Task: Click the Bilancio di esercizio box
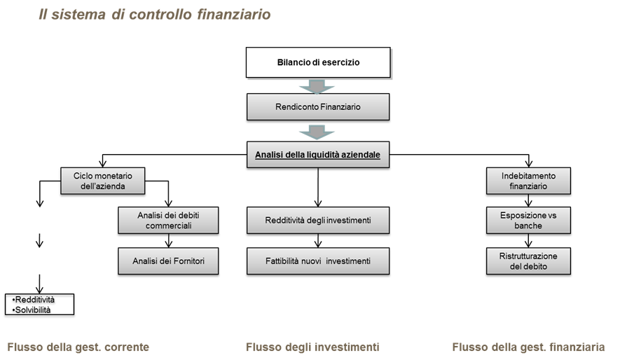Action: pos(317,62)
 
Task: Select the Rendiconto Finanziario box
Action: pos(317,107)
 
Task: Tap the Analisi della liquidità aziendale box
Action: pos(317,155)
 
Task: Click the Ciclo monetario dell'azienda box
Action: pos(103,181)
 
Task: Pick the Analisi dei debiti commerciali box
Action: pos(168,220)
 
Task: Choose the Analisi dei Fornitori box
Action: pos(168,261)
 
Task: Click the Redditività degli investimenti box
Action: pos(317,220)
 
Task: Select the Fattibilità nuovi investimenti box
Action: pos(317,261)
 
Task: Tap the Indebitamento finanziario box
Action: pos(528,181)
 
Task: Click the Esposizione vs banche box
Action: pos(528,220)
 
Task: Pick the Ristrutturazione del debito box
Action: pos(528,261)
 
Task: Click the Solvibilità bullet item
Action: pos(33,309)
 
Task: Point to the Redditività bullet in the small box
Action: pos(35,300)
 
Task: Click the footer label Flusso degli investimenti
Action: pos(312,347)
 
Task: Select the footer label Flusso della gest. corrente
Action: pos(78,347)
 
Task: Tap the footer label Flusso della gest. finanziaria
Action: pos(528,347)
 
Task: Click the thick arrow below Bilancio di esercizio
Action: pos(317,86)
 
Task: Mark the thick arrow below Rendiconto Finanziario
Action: pos(317,132)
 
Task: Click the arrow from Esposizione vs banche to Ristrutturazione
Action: pos(528,241)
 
